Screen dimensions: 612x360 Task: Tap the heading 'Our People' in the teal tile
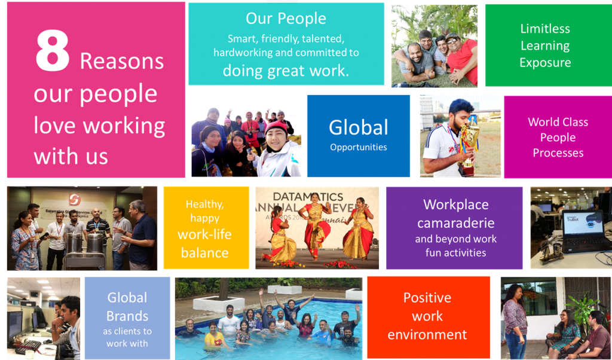coord(286,19)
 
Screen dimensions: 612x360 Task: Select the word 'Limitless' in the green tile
coord(545,29)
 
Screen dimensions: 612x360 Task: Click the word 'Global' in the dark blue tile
coord(359,128)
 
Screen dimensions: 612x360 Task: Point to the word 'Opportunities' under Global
coord(359,148)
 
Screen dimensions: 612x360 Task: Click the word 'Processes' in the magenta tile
coord(558,152)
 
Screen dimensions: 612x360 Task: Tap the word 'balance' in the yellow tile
coord(205,252)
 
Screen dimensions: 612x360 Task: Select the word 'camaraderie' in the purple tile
coord(456,223)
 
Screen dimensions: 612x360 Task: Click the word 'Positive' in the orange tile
coord(427,298)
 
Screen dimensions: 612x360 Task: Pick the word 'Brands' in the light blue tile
coord(127,316)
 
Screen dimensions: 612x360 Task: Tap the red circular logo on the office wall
coord(75,200)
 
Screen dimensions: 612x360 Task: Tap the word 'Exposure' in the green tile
coord(545,63)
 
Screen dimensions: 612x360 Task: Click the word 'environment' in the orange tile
coord(427,335)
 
